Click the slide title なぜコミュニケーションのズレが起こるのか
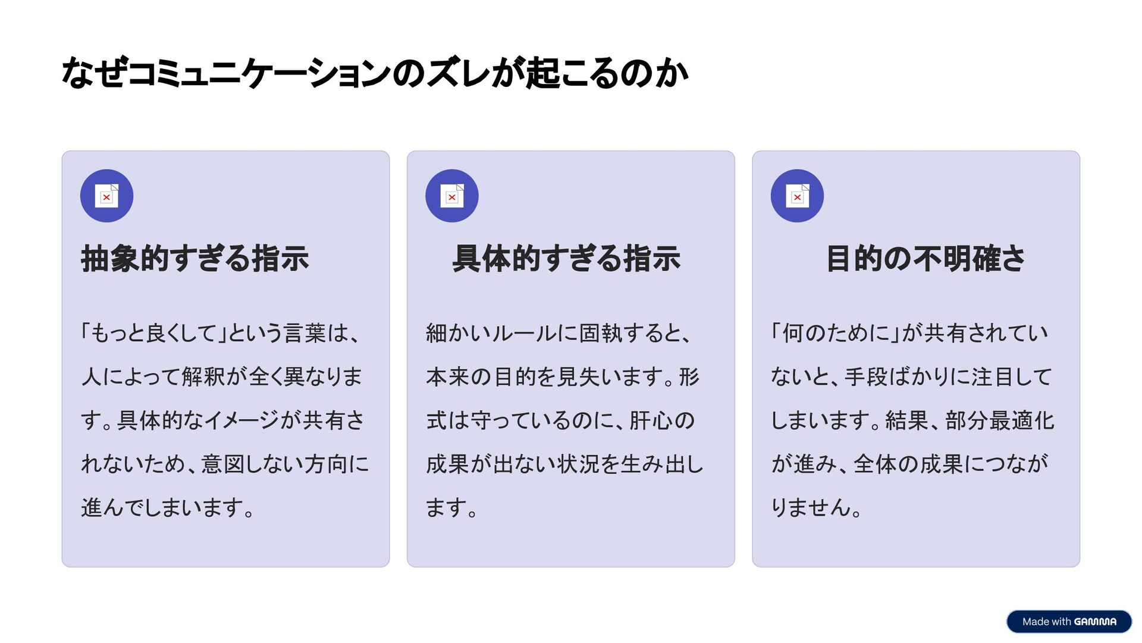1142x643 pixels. point(375,73)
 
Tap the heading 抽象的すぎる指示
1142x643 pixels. point(195,258)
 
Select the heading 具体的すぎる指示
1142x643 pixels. point(566,258)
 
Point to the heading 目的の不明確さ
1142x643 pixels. point(925,258)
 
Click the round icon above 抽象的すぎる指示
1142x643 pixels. point(106,196)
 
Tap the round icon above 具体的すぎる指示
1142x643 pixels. point(452,196)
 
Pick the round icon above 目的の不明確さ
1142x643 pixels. point(797,196)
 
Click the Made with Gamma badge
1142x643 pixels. point(1069,622)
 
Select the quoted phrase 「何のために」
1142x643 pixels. point(836,333)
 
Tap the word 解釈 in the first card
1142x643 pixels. point(203,377)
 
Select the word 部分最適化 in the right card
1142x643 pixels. point(999,420)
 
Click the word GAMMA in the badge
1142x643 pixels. point(1095,622)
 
